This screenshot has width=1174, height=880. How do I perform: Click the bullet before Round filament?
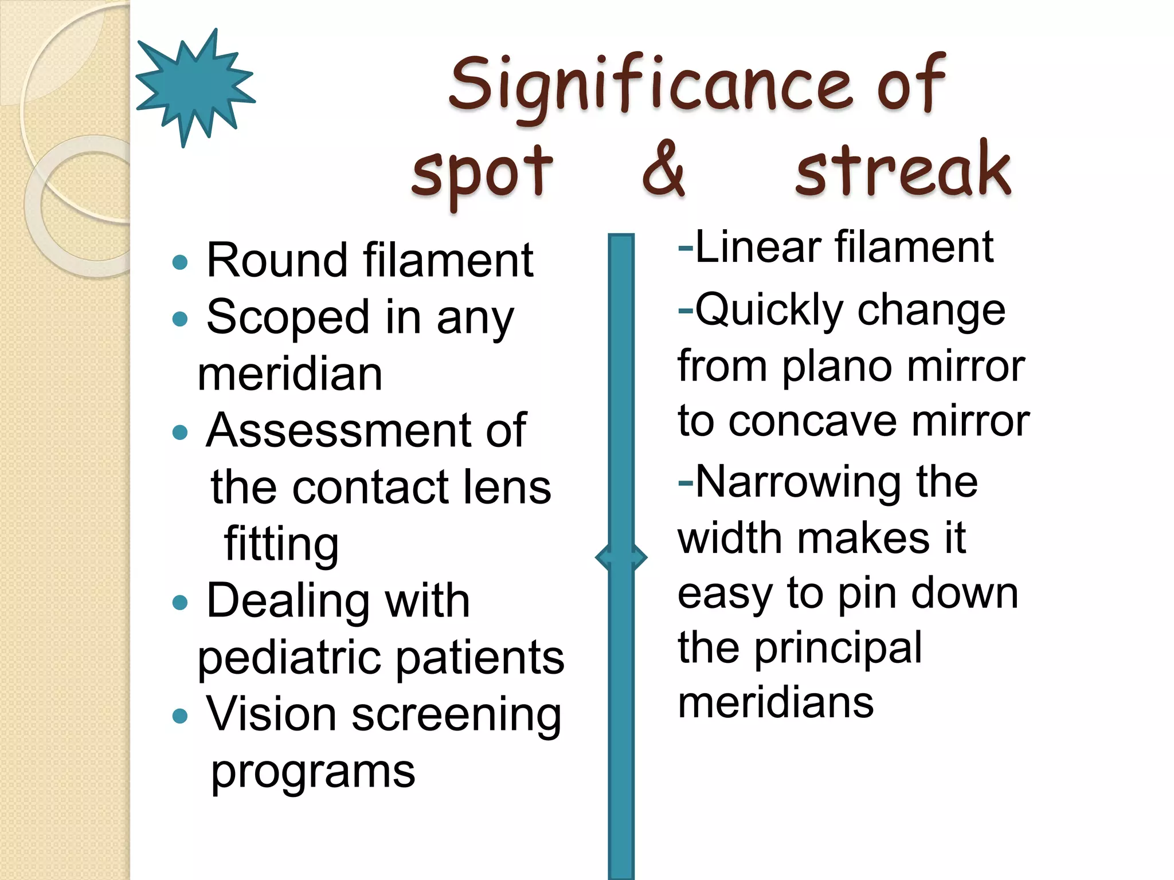click(180, 262)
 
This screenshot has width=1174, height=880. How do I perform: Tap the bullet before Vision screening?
click(180, 716)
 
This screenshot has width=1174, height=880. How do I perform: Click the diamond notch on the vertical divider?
click(621, 557)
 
